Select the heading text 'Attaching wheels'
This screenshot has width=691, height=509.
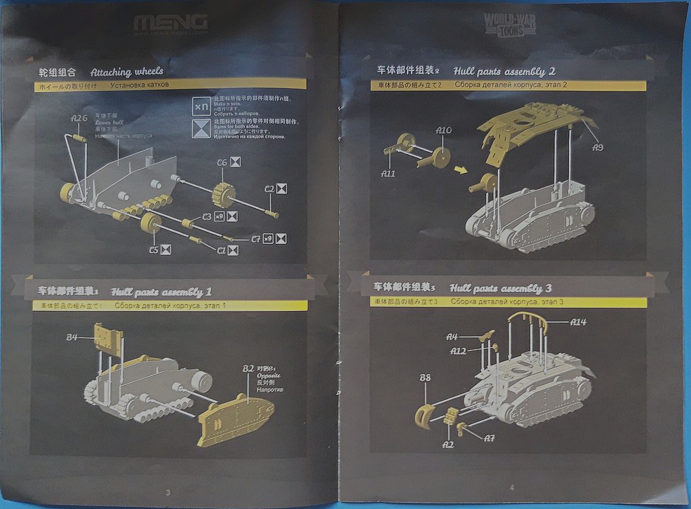[127, 71]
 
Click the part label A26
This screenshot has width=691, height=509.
[79, 119]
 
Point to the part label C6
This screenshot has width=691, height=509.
[221, 163]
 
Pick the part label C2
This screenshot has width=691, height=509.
[269, 189]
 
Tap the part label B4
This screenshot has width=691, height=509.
[73, 336]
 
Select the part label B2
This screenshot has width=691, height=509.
[248, 369]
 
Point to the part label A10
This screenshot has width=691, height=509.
[443, 130]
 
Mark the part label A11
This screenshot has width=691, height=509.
[388, 173]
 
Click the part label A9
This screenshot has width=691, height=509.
[597, 147]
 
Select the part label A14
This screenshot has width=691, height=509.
[578, 322]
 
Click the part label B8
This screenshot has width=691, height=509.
[425, 378]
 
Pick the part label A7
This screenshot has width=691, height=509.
[489, 438]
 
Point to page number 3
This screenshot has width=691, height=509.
[167, 490]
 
